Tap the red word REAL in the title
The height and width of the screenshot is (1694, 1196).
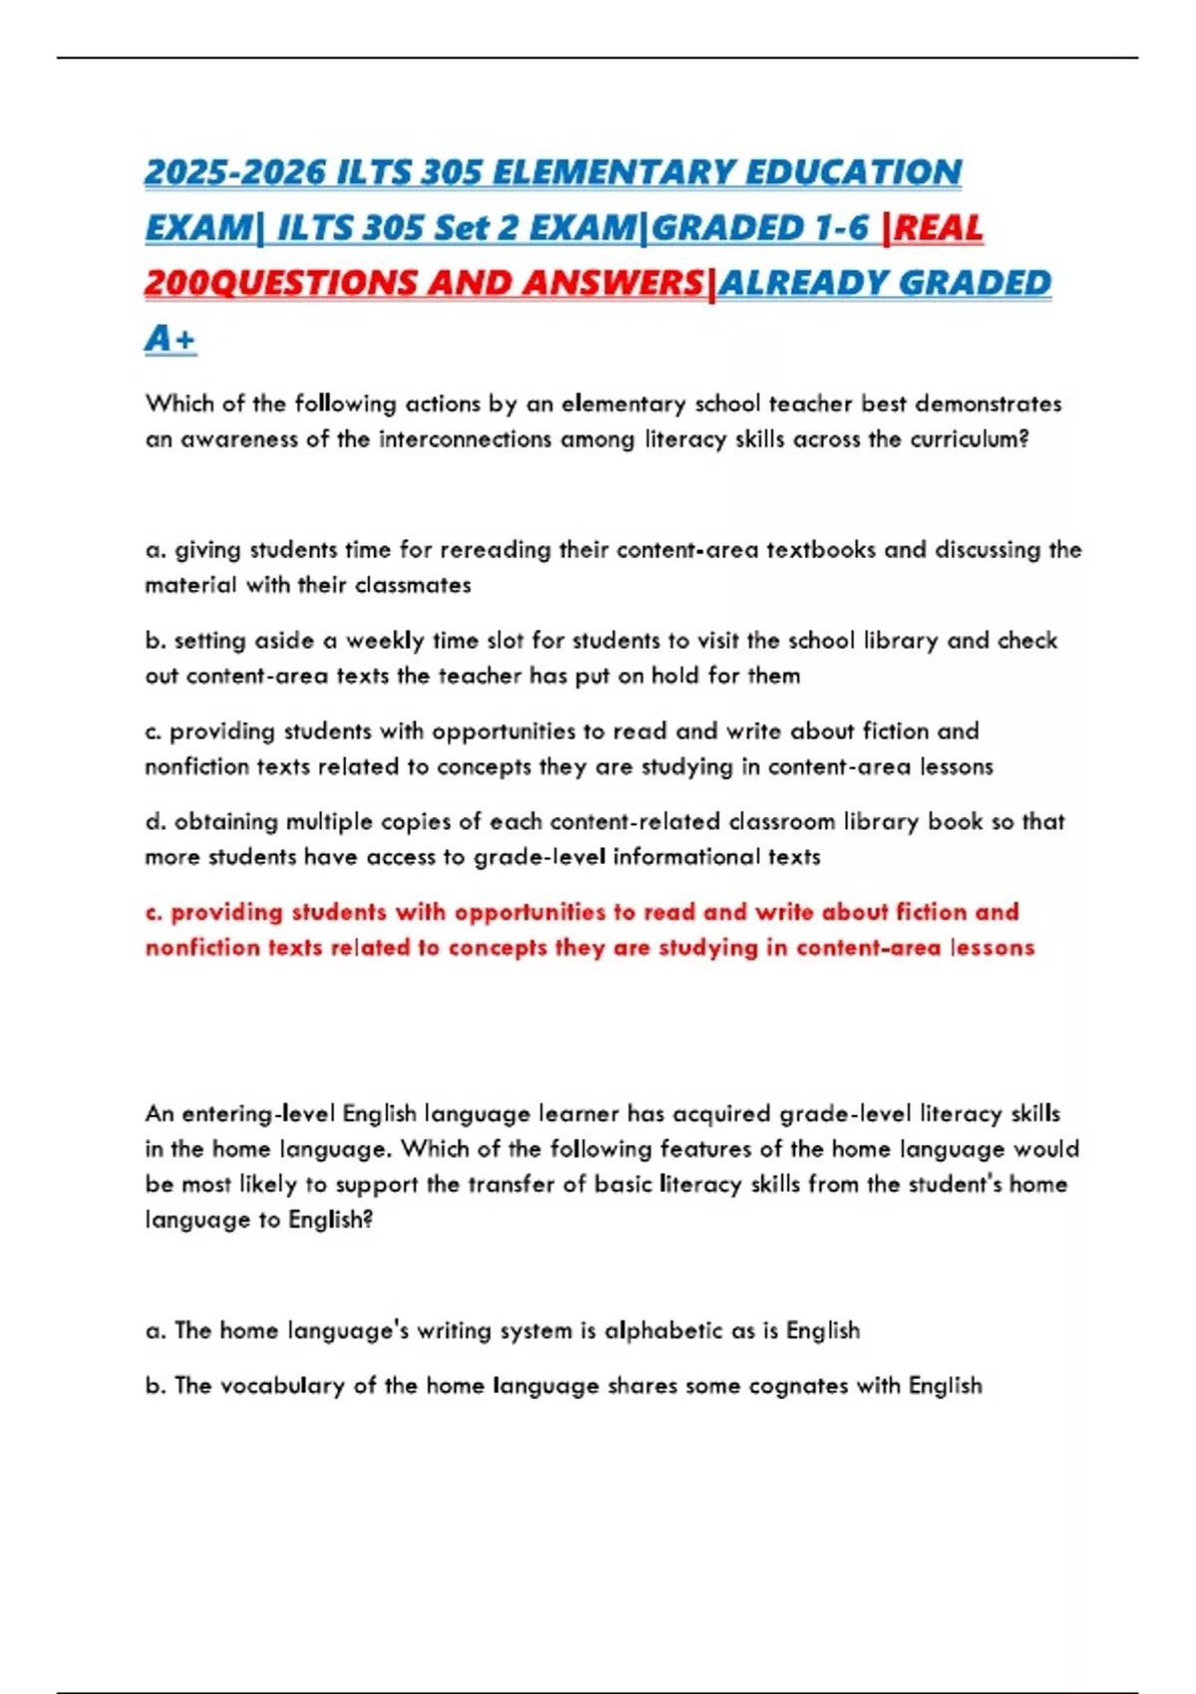939,228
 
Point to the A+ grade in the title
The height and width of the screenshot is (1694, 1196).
170,339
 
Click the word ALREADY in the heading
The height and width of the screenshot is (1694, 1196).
802,283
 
